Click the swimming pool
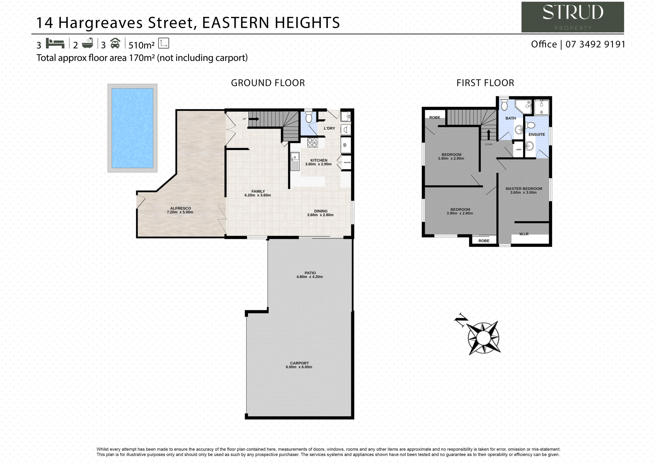pos(132,128)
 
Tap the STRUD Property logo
pos(573,17)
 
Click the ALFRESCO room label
pos(181,208)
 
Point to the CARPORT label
pos(299,363)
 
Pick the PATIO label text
pos(310,273)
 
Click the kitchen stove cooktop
pos(312,142)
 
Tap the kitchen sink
pos(295,161)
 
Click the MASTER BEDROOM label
pos(524,189)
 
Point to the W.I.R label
pos(524,234)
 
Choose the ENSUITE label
pos(537,134)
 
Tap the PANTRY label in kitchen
pos(347,163)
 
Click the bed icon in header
pos(55,43)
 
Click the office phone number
pos(595,44)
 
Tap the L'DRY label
pos(329,128)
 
